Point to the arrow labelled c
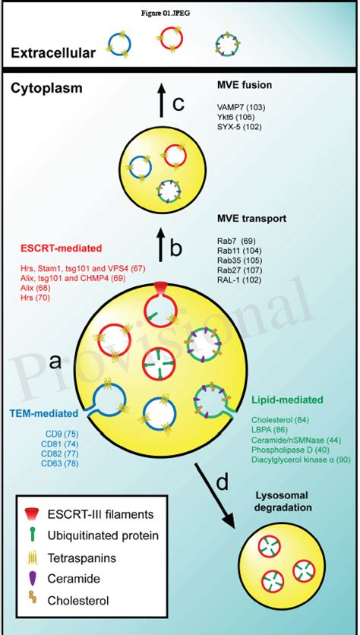tap(161, 102)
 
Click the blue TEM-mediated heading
tap(43, 415)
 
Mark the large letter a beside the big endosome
tap(55, 362)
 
